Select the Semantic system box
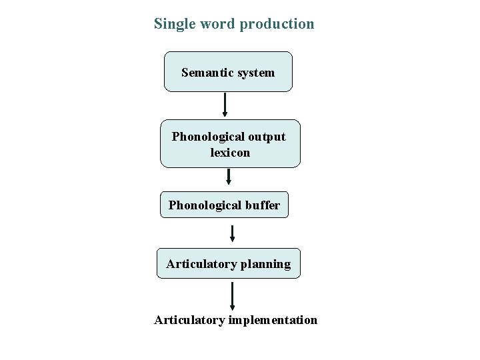click(x=228, y=71)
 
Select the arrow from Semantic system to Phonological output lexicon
click(x=225, y=105)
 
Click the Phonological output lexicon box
click(x=229, y=143)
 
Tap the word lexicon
click(x=229, y=152)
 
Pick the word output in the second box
click(x=265, y=137)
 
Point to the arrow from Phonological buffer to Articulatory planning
click(x=232, y=233)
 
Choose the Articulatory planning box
click(x=228, y=264)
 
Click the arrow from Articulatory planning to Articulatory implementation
click(x=232, y=295)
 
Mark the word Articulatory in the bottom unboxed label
click(x=189, y=321)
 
